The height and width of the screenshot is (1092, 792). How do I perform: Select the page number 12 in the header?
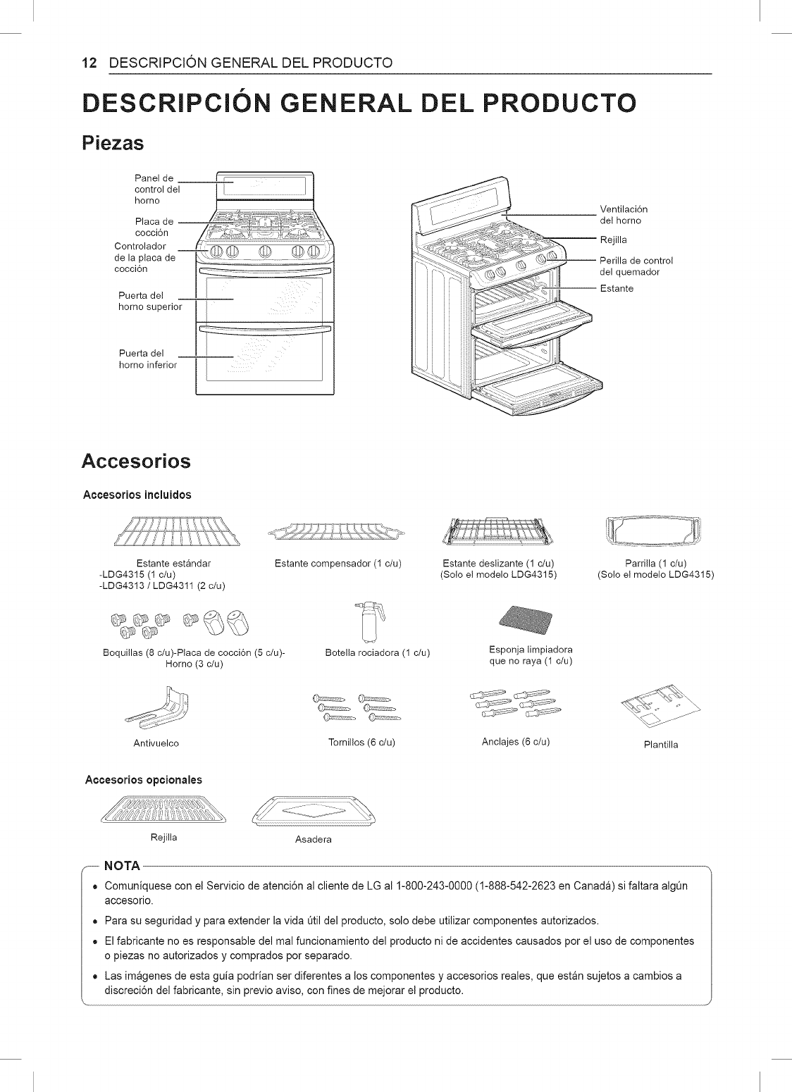88,63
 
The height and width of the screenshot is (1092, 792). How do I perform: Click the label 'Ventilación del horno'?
623,215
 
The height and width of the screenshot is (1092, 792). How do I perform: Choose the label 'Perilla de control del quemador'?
636,266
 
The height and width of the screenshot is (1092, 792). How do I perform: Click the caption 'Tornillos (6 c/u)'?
361,743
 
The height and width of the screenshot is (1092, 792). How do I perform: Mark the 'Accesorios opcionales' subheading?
143,780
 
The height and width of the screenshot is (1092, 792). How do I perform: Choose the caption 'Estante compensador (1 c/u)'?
338,563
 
